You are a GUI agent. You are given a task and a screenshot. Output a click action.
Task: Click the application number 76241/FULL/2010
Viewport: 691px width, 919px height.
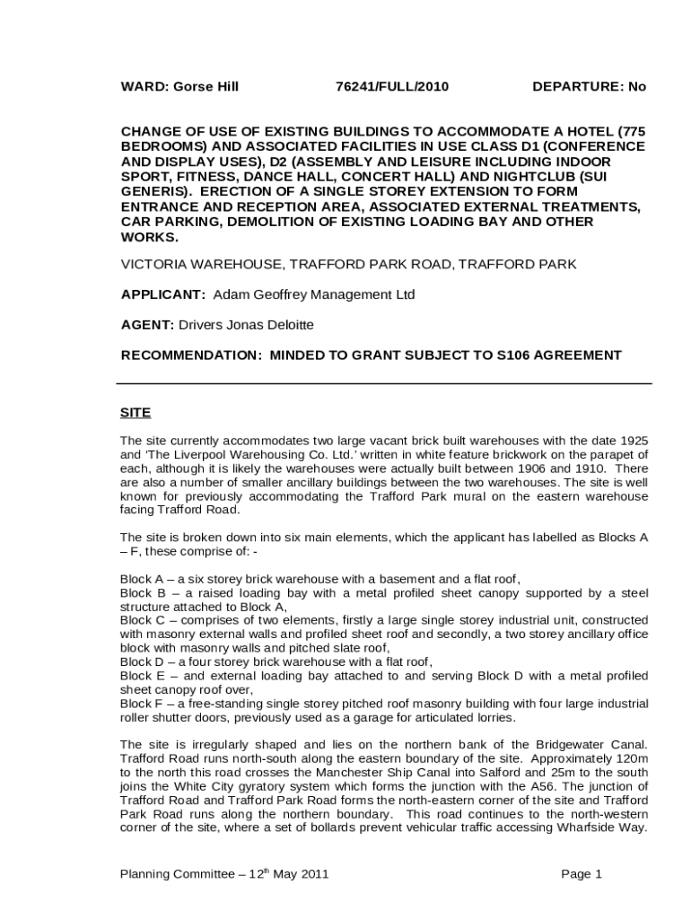391,87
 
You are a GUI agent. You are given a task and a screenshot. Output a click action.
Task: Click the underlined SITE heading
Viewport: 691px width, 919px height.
136,413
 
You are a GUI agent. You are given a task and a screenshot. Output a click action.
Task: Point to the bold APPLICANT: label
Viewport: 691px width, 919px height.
163,294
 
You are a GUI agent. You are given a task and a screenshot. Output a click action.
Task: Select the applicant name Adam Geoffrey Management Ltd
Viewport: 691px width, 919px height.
313,294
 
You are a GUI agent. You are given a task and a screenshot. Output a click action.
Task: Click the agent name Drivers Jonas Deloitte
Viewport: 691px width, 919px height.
247,325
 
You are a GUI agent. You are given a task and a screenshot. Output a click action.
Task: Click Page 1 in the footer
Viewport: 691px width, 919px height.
582,874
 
